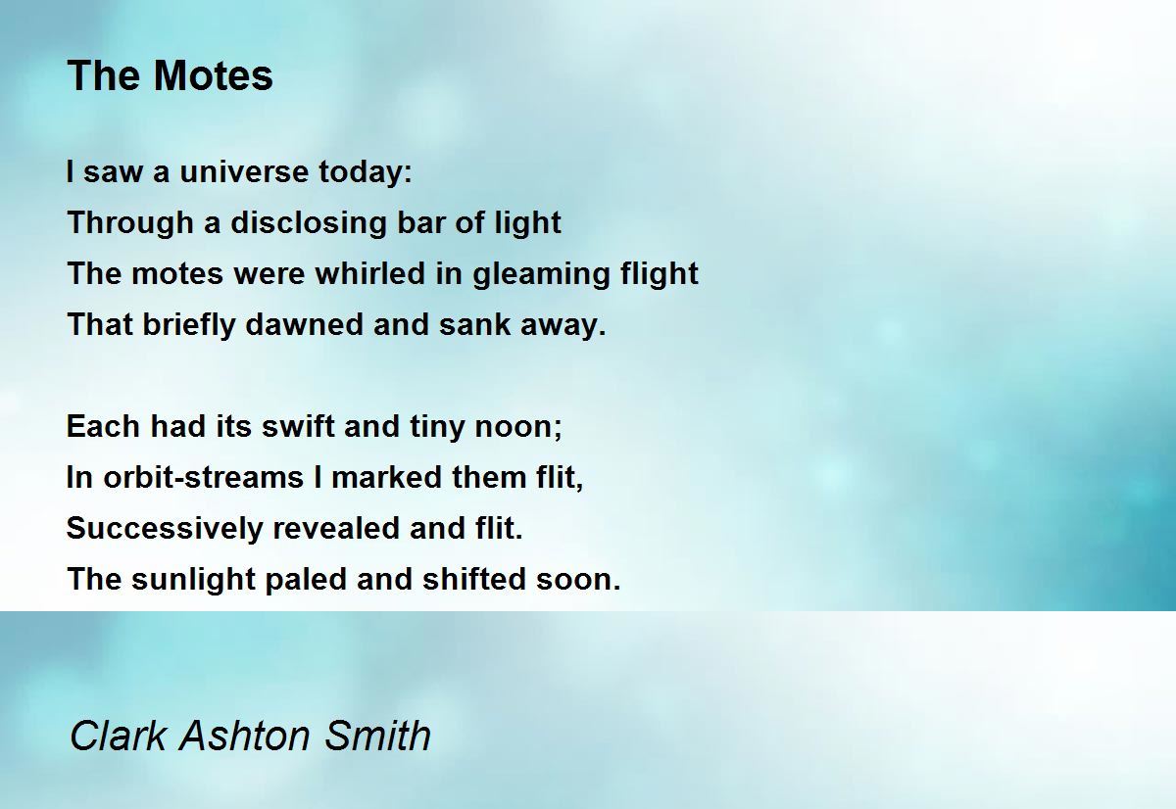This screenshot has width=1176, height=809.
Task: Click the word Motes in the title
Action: click(213, 75)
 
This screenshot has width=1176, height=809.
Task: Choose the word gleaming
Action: click(541, 274)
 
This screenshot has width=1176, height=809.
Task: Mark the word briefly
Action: click(189, 325)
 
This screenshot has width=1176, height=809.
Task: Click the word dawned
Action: click(304, 324)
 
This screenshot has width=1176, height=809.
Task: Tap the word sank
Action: click(475, 324)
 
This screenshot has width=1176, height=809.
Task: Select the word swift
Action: click(298, 426)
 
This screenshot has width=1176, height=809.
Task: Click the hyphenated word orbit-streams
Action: click(203, 477)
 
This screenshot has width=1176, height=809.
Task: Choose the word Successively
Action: click(165, 529)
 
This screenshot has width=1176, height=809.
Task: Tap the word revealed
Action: click(336, 528)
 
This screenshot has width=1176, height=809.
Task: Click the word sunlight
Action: click(193, 580)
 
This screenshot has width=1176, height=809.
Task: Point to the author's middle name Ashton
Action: click(245, 736)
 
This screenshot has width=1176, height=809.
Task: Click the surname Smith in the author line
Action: click(377, 736)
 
